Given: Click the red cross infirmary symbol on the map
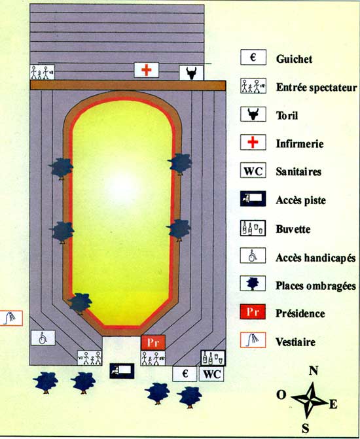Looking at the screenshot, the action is click(x=146, y=70).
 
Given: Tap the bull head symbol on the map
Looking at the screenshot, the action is click(x=191, y=73).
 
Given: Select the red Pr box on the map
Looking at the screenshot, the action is click(x=153, y=342).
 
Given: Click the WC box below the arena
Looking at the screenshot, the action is click(x=211, y=374).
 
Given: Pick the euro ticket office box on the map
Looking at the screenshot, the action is click(x=185, y=374).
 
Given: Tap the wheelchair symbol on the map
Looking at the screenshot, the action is click(x=43, y=338).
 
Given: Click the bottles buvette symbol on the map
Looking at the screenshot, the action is click(x=213, y=358).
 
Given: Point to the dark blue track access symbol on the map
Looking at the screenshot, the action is click(x=122, y=371).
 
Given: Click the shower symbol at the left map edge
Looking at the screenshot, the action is click(x=11, y=318).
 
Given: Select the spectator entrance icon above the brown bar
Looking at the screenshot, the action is click(x=43, y=72).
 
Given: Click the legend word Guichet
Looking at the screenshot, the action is click(x=294, y=59).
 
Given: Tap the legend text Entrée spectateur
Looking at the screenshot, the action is click(x=316, y=88).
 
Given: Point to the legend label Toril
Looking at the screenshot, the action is click(x=287, y=115).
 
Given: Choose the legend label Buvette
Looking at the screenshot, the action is click(x=293, y=229).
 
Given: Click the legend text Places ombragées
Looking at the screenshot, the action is click(x=315, y=285).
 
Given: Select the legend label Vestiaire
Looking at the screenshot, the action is click(x=295, y=342).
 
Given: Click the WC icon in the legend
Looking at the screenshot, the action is click(x=253, y=171).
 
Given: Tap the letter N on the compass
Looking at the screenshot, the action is click(x=314, y=371).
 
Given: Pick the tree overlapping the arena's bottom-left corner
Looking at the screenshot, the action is click(x=80, y=303).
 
